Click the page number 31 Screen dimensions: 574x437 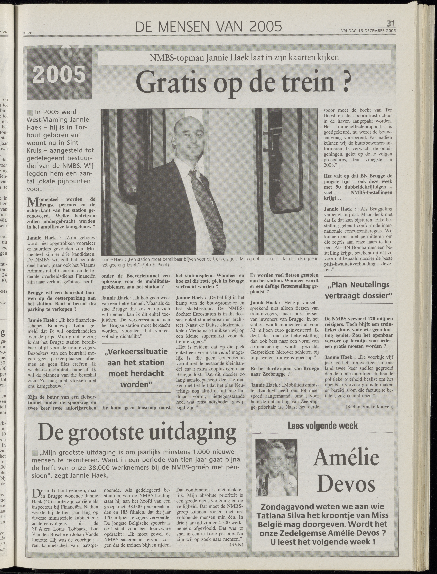point(390,24)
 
